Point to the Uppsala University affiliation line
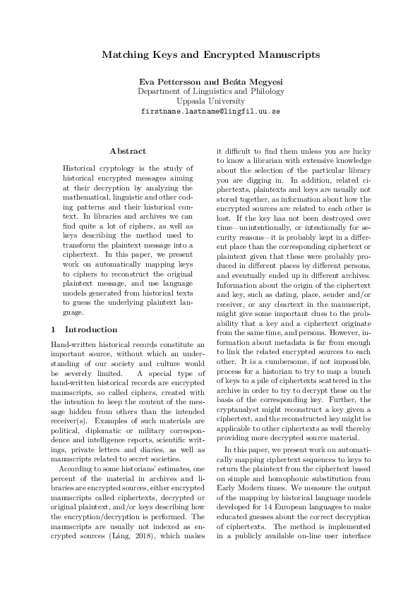tap(210, 102)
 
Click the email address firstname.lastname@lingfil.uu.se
tap(210, 111)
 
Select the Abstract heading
tap(128, 151)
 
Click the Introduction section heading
tap(91, 329)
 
